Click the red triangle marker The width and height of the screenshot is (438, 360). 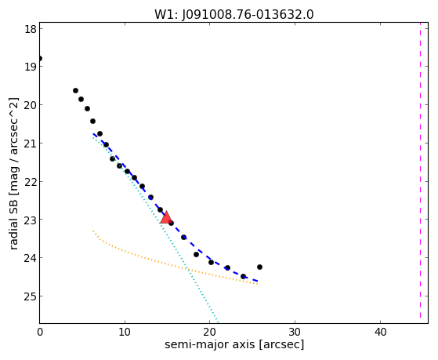click(x=166, y=217)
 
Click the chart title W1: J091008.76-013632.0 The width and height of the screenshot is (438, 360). click(x=234, y=15)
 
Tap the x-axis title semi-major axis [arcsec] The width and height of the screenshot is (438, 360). click(x=234, y=344)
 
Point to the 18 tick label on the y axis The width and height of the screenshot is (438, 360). click(x=31, y=29)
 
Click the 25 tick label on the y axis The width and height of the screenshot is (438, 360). click(x=31, y=296)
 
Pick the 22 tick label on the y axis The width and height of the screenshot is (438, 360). click(x=31, y=181)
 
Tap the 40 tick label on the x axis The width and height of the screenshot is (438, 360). click(x=380, y=332)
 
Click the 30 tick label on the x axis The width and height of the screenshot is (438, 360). click(x=295, y=332)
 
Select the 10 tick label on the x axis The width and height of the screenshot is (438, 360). click(x=125, y=332)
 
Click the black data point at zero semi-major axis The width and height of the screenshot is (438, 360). click(x=40, y=59)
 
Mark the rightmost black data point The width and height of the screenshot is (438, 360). click(x=259, y=267)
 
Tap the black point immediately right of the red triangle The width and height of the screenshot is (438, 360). click(x=171, y=223)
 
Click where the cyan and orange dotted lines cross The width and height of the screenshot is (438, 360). click(x=188, y=269)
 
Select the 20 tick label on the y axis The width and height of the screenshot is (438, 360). click(x=31, y=105)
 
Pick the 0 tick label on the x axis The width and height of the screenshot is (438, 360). click(x=40, y=332)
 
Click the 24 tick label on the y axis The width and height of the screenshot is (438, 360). click(x=31, y=258)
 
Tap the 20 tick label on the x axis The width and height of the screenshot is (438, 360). click(x=209, y=332)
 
